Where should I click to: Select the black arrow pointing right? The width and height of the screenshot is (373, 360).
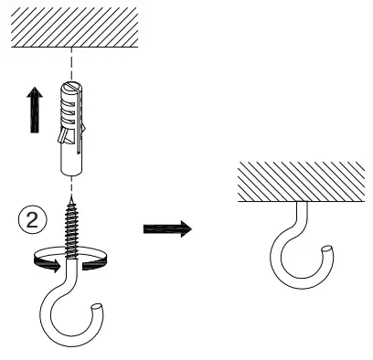pos(167,228)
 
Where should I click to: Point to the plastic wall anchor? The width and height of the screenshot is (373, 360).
pos(69,128)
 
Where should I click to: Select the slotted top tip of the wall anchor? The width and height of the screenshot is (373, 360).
pos(69,84)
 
